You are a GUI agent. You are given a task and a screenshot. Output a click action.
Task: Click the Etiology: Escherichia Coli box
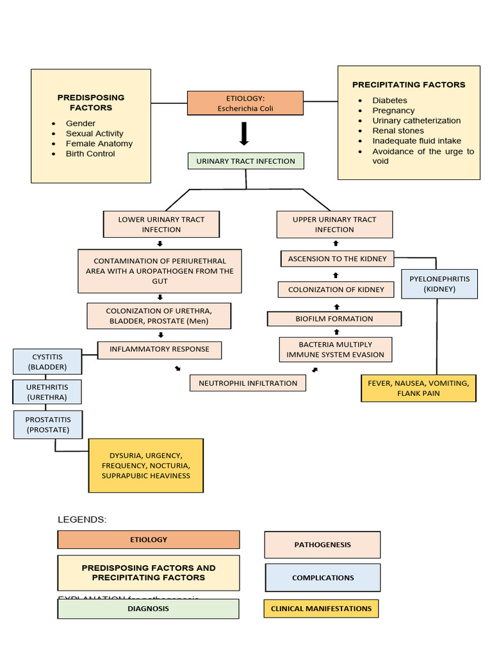(x=245, y=103)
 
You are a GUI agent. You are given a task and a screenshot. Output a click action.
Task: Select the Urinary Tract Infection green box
(x=245, y=161)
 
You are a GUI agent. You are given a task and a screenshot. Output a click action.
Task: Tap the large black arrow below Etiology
(x=244, y=134)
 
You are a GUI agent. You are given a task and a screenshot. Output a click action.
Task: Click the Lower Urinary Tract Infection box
(x=161, y=224)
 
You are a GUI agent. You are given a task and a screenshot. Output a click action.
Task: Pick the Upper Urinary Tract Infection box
(x=334, y=224)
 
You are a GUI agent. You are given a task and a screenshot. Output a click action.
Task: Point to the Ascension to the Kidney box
(x=337, y=259)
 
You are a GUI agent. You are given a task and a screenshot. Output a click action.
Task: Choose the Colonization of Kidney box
(x=336, y=290)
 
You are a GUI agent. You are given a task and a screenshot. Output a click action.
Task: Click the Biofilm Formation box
(x=334, y=318)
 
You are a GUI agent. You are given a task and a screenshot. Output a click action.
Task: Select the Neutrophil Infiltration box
(x=248, y=383)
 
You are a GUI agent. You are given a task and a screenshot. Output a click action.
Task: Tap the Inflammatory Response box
(x=159, y=350)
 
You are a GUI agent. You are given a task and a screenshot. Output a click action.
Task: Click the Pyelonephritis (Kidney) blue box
(x=439, y=284)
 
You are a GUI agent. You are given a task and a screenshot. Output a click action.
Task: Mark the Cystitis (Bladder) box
(x=47, y=362)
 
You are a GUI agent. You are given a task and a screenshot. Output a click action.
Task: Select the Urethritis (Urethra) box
(x=47, y=392)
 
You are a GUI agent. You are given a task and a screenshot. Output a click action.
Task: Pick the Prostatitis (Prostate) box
(x=47, y=425)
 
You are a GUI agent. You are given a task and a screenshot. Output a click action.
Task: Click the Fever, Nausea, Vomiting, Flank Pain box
(x=418, y=388)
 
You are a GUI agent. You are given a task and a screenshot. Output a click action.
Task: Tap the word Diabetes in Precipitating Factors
(x=389, y=101)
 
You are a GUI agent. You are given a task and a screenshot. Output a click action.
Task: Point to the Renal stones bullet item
(x=398, y=131)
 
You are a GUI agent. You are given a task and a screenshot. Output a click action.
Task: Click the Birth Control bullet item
(x=90, y=154)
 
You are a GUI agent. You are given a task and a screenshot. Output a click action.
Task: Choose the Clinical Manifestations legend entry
(x=321, y=609)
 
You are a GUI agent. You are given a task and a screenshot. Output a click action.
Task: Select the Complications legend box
(x=322, y=578)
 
